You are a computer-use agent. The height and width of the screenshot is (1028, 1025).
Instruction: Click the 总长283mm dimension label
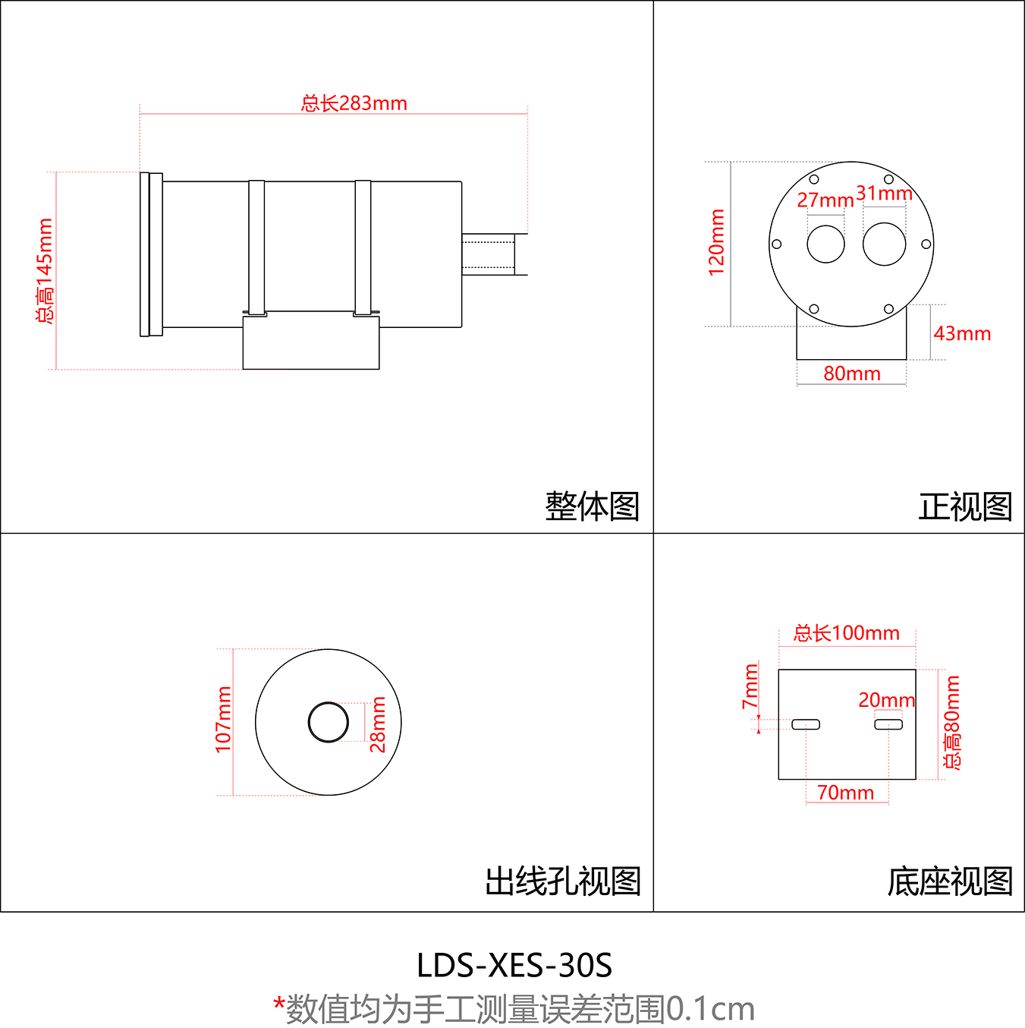click(354, 103)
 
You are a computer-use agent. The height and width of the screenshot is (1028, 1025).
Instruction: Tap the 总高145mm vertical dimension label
click(46, 270)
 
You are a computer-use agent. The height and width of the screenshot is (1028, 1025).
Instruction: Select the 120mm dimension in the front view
click(717, 242)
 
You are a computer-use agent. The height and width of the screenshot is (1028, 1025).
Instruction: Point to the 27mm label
click(825, 200)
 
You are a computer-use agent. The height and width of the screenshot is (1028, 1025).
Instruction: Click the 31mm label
click(884, 194)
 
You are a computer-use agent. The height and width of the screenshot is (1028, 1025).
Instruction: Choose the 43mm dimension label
click(962, 334)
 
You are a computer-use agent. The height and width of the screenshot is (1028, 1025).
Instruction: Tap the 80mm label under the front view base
click(852, 374)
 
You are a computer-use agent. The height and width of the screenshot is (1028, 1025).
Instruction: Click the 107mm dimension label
click(224, 720)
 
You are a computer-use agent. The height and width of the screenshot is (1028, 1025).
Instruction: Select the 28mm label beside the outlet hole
click(378, 724)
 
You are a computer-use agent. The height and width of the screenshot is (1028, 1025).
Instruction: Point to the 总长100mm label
click(846, 633)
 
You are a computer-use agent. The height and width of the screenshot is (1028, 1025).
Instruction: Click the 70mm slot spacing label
click(845, 793)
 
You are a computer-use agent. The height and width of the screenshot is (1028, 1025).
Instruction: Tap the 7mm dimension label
click(750, 686)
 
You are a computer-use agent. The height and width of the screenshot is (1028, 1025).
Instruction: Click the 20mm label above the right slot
click(886, 700)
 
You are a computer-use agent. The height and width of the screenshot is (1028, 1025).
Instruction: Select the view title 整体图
click(592, 506)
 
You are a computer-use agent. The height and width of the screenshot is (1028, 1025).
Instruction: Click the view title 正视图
click(965, 506)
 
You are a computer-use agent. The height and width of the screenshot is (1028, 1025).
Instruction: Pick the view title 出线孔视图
click(563, 881)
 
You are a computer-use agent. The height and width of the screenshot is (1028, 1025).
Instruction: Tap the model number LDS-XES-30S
click(514, 966)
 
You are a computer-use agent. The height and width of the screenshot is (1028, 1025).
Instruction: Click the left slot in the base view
click(806, 724)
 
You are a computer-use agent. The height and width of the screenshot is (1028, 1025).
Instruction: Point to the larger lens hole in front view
click(885, 244)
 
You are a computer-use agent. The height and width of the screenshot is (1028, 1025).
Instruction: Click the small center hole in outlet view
click(329, 722)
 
